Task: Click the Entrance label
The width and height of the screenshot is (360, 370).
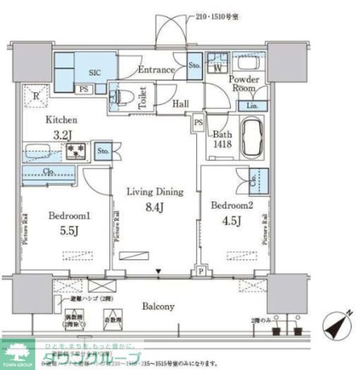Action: pyautogui.click(x=156, y=70)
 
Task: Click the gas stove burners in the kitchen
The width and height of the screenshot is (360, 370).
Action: pyautogui.click(x=76, y=149)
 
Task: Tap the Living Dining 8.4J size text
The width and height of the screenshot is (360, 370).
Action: pyautogui.click(x=154, y=208)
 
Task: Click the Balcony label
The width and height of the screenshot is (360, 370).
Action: pyautogui.click(x=158, y=306)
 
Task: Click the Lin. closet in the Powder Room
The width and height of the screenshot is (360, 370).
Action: pyautogui.click(x=252, y=106)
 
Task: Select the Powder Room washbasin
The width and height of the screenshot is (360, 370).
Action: pyautogui.click(x=244, y=63)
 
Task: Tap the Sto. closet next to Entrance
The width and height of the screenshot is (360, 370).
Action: pyautogui.click(x=194, y=65)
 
